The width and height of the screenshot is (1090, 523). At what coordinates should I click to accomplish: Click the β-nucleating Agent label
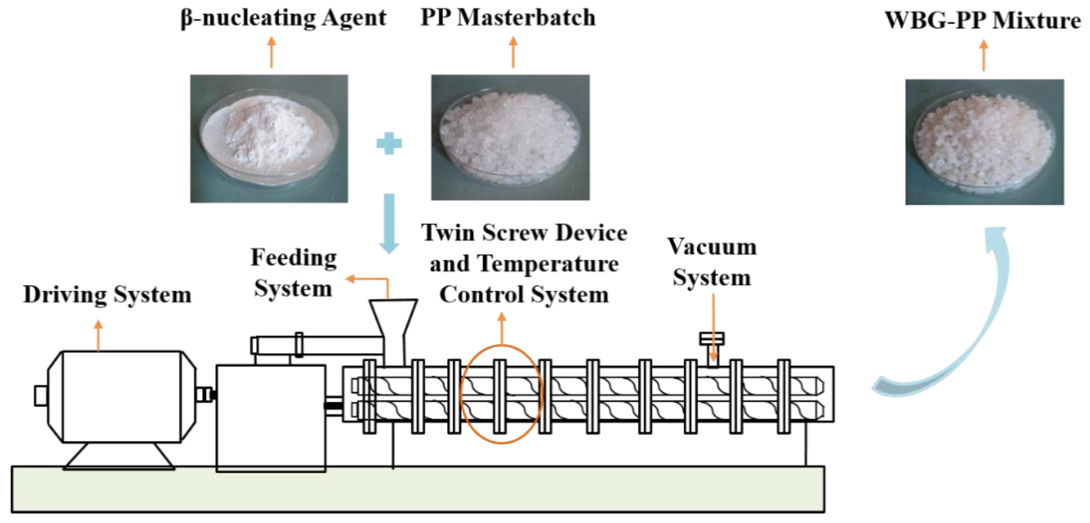(283, 19)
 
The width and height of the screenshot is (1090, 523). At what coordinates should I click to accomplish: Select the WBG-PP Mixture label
(982, 20)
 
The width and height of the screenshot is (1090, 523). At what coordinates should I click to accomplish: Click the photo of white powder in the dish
(269, 138)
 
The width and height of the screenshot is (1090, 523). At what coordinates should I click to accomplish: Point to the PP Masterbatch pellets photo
(510, 137)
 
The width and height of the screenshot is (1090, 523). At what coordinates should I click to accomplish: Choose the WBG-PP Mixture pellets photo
(984, 142)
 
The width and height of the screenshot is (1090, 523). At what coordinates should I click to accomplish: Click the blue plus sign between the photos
(389, 143)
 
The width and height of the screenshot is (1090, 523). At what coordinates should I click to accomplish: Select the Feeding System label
(293, 273)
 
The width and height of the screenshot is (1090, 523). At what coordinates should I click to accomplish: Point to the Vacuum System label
(712, 262)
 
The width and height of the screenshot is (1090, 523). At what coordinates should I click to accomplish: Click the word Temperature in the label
(548, 264)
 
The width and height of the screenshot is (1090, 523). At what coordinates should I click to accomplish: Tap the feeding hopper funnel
(393, 318)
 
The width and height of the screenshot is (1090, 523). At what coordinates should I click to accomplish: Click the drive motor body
(122, 396)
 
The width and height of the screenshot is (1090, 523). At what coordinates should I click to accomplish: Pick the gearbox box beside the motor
(271, 417)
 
